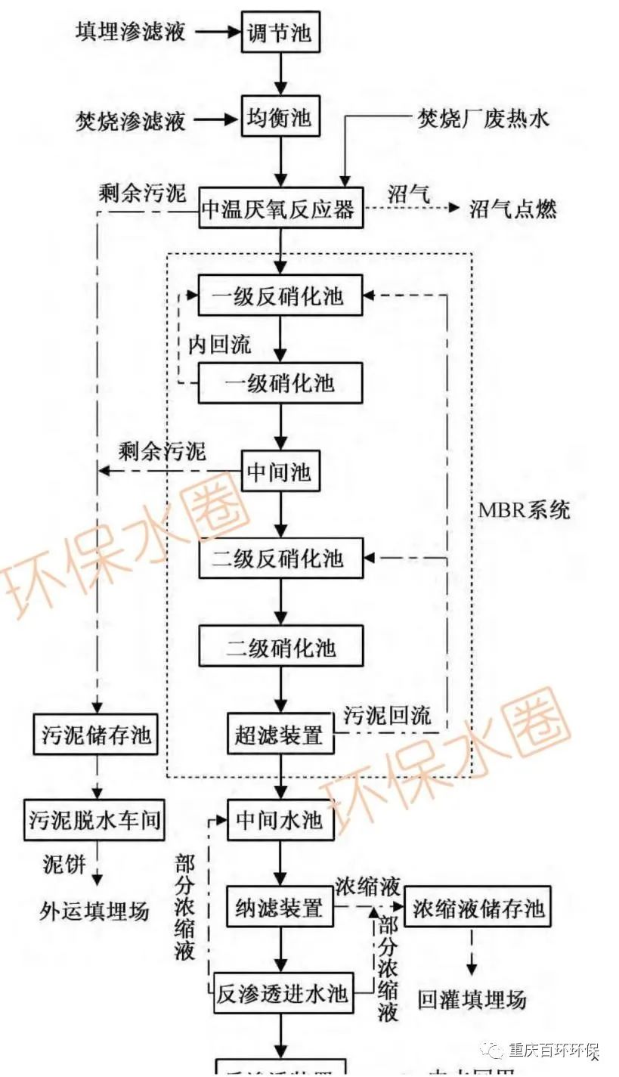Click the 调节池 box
click(279, 32)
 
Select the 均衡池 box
click(279, 119)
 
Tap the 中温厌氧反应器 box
click(280, 209)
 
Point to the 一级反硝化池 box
click(280, 296)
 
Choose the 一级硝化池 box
click(280, 383)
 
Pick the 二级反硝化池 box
click(280, 559)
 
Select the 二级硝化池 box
click(280, 647)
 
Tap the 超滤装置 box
click(280, 733)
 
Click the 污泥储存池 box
click(96, 733)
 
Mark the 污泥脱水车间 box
click(94, 819)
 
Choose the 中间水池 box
click(280, 820)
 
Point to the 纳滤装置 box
click(280, 906)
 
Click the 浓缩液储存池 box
click(478, 906)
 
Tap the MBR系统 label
click(524, 509)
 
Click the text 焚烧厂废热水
click(484, 118)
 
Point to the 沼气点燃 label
click(512, 209)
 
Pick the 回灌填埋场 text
click(472, 999)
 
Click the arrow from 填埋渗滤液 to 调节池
click(216, 32)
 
